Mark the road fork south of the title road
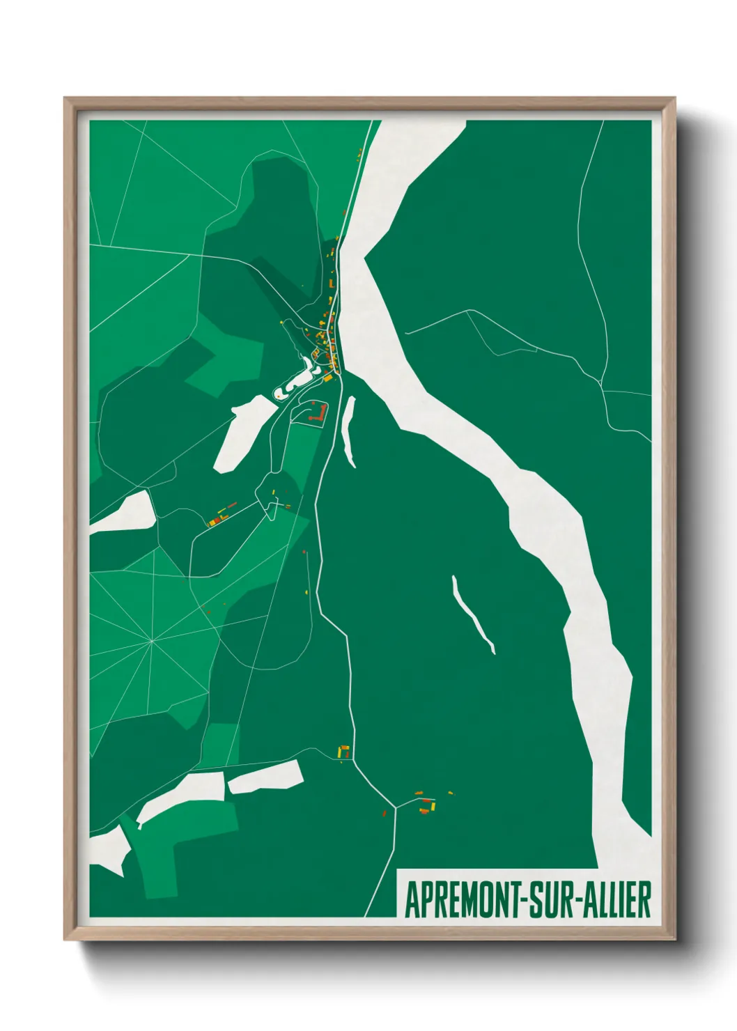click(x=396, y=807)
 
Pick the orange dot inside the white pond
click(x=279, y=394)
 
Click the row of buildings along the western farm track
click(x=222, y=514)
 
